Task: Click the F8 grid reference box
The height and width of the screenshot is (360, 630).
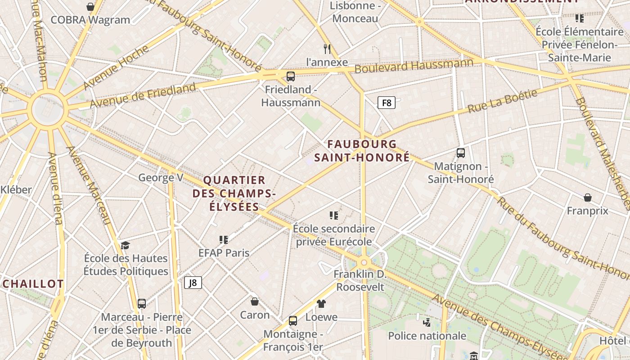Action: [386, 103]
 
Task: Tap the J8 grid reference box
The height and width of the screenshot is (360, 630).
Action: [193, 283]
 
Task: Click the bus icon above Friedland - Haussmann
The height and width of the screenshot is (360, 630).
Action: [291, 76]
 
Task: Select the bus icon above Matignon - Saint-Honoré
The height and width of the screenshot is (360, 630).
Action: [461, 153]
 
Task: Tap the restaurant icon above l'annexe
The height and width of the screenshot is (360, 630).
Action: [327, 49]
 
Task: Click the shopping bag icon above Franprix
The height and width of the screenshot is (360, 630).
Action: [587, 198]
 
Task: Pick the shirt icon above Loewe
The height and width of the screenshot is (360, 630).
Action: [321, 304]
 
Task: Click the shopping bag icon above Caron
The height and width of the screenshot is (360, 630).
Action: [255, 301]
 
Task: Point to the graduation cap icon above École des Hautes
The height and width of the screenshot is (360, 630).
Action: [125, 245]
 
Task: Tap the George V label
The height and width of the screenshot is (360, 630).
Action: [161, 178]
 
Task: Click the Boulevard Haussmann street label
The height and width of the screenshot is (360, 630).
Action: [414, 66]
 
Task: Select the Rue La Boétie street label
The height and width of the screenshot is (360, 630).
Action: [503, 101]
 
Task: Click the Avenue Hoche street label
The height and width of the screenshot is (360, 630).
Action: [116, 67]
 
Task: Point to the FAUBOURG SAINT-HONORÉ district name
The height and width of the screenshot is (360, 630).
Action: [362, 151]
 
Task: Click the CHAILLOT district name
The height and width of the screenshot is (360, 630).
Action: [33, 284]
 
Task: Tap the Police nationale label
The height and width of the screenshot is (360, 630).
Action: [427, 336]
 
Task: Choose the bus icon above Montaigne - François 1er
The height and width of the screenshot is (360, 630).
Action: [293, 321]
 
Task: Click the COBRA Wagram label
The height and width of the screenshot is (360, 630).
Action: [90, 20]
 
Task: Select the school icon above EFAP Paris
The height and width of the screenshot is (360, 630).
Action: [224, 239]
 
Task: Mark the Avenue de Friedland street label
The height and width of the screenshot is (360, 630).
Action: [143, 95]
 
